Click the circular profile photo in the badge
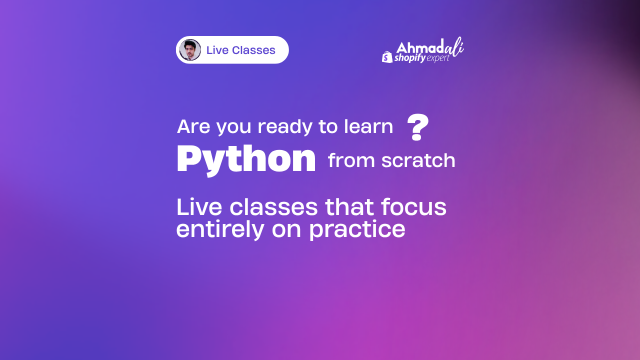pos(190,50)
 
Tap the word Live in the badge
pos(217,50)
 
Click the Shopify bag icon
pos(387,57)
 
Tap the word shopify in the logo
pos(410,58)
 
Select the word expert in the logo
pos(438,58)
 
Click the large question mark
pos(418,127)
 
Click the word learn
pos(368,127)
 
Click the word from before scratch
pos(350,160)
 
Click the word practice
pos(357,229)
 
